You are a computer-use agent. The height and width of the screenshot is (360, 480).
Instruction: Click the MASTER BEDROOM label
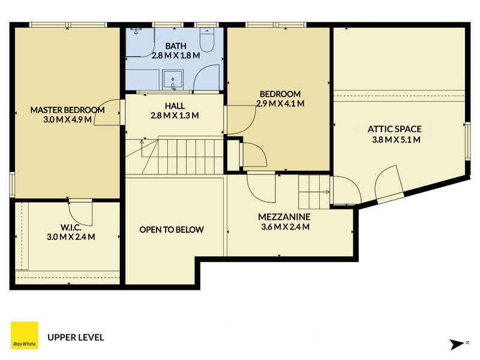(67, 110)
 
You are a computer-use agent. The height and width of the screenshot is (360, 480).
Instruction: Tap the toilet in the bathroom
(207, 40)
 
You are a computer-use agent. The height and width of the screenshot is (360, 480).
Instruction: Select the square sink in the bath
(173, 80)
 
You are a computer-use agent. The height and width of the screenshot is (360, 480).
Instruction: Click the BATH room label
(176, 46)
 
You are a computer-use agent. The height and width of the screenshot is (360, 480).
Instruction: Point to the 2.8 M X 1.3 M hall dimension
(175, 115)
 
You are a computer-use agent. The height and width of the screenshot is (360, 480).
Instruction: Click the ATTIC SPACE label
(395, 129)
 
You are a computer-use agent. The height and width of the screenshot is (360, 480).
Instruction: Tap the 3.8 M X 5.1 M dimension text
(396, 140)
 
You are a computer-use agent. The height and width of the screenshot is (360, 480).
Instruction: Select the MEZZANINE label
(284, 217)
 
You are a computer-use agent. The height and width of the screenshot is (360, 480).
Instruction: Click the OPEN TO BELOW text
(172, 230)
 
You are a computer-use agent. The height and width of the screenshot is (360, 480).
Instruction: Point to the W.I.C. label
(71, 227)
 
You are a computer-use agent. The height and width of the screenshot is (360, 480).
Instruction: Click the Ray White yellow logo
(25, 335)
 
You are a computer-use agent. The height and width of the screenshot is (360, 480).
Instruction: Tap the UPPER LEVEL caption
(76, 337)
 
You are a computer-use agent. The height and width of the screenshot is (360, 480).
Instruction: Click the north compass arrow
(457, 344)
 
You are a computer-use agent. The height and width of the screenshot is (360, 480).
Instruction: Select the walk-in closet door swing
(80, 214)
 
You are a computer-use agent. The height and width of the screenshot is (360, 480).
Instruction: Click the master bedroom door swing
(107, 112)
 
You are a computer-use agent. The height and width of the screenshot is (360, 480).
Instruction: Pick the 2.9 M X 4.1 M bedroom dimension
(280, 103)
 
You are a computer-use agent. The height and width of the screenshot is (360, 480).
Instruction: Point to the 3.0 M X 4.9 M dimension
(67, 119)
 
